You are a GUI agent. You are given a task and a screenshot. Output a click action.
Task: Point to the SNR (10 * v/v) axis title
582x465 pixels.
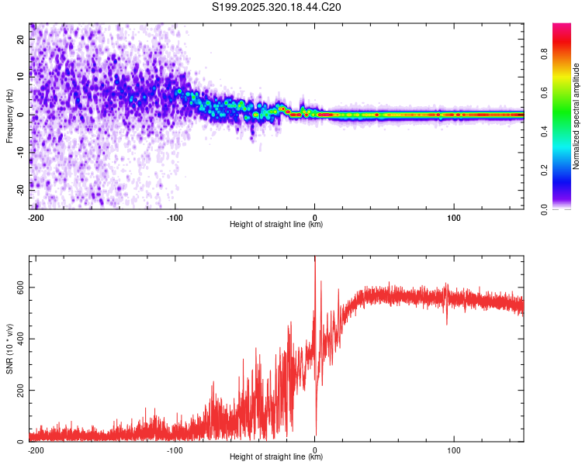(9, 346)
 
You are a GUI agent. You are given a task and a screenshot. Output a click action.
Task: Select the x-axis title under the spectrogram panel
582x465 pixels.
(276, 224)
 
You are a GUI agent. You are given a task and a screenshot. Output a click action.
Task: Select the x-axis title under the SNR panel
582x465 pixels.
(276, 456)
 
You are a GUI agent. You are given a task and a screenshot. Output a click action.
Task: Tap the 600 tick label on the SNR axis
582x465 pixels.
(19, 288)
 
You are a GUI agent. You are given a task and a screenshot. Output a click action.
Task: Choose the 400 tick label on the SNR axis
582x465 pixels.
(19, 339)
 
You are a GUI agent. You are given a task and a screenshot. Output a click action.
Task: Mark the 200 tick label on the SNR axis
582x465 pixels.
(19, 390)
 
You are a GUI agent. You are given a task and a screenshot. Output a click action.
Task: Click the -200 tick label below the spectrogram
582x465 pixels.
(36, 216)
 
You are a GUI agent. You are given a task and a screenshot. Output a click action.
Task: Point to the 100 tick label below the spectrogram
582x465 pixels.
(453, 216)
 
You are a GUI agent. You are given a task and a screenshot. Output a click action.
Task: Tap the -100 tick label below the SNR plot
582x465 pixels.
(175, 449)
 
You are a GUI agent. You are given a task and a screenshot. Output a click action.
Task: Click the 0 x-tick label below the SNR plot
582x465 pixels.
(314, 449)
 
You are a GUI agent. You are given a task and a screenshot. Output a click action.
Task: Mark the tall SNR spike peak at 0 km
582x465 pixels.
(314, 259)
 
